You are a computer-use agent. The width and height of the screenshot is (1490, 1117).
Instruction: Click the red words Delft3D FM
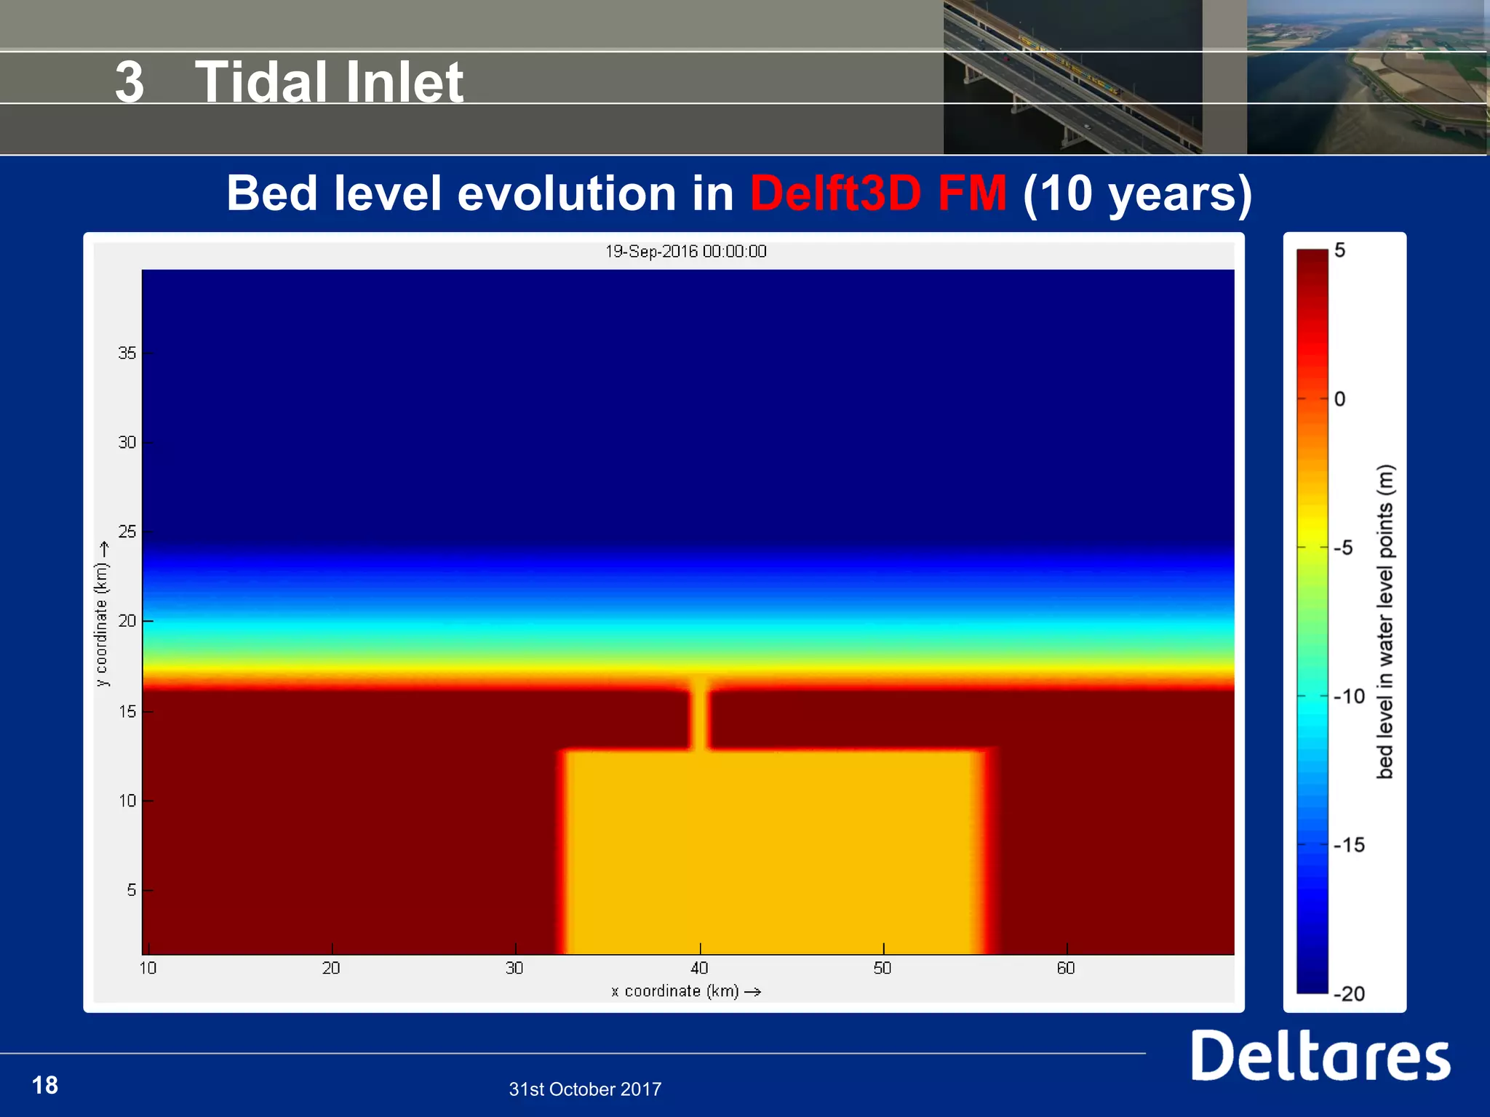(x=878, y=193)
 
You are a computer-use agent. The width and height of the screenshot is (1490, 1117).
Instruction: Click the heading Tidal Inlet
(x=329, y=81)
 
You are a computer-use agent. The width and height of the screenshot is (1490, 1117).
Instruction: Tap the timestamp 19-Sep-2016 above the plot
(x=685, y=252)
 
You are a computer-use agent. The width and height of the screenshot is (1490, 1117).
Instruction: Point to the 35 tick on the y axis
(x=127, y=353)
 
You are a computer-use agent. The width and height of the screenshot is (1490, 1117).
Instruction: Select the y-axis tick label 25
(x=127, y=532)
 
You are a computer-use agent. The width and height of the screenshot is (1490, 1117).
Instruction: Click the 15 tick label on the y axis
(x=127, y=711)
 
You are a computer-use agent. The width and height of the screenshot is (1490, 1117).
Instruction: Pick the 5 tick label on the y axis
(x=131, y=890)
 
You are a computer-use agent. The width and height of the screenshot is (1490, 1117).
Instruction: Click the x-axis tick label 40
(x=699, y=968)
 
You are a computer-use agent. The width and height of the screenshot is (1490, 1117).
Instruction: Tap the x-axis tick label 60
(x=1066, y=968)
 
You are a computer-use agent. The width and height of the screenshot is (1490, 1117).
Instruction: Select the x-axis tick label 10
(x=148, y=968)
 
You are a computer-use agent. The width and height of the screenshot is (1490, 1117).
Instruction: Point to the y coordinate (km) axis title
(x=102, y=614)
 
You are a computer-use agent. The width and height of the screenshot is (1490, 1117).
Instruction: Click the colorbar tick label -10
(x=1350, y=697)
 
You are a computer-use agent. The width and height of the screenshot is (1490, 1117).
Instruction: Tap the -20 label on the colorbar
(x=1350, y=994)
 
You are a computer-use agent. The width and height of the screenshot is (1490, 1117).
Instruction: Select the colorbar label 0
(x=1340, y=399)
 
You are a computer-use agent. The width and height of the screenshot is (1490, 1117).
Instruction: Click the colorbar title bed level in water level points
(x=1385, y=622)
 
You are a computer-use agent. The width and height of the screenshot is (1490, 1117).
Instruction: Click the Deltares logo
(x=1320, y=1055)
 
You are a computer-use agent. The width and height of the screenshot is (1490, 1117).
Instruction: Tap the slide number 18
(x=45, y=1085)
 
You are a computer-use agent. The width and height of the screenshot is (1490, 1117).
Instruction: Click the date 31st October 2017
(x=585, y=1089)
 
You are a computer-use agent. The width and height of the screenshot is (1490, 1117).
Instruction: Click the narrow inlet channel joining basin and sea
(x=699, y=716)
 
